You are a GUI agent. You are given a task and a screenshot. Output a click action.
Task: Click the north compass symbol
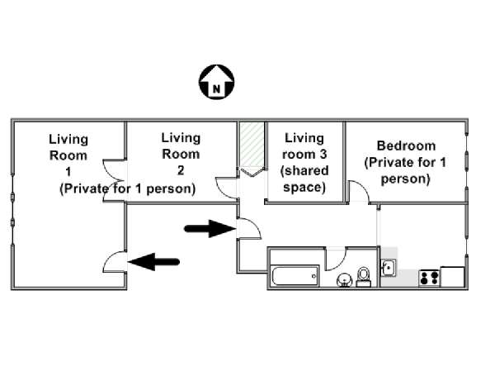(x=216, y=82)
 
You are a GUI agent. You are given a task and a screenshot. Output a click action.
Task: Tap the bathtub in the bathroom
(x=295, y=276)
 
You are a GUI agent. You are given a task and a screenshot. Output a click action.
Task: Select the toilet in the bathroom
(x=364, y=277)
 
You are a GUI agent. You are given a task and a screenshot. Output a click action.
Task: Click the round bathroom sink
(x=344, y=280)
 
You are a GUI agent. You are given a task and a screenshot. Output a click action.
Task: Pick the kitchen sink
(x=389, y=268)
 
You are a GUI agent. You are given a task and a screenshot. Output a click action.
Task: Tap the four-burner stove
(x=429, y=279)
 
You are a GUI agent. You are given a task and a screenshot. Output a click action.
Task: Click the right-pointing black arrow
(x=210, y=228)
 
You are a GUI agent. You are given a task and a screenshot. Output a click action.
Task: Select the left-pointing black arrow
(x=153, y=261)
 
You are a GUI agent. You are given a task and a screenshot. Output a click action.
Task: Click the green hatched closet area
(x=252, y=145)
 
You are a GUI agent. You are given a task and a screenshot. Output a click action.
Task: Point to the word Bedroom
(x=406, y=145)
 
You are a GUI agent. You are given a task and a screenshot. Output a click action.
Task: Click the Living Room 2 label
(x=181, y=154)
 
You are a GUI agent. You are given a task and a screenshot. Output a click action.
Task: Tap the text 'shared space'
(x=304, y=179)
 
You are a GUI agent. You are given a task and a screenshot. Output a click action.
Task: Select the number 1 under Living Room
(x=68, y=172)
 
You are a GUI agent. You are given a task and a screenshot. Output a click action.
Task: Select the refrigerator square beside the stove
(x=452, y=277)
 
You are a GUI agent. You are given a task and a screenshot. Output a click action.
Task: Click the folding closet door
(x=252, y=173)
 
